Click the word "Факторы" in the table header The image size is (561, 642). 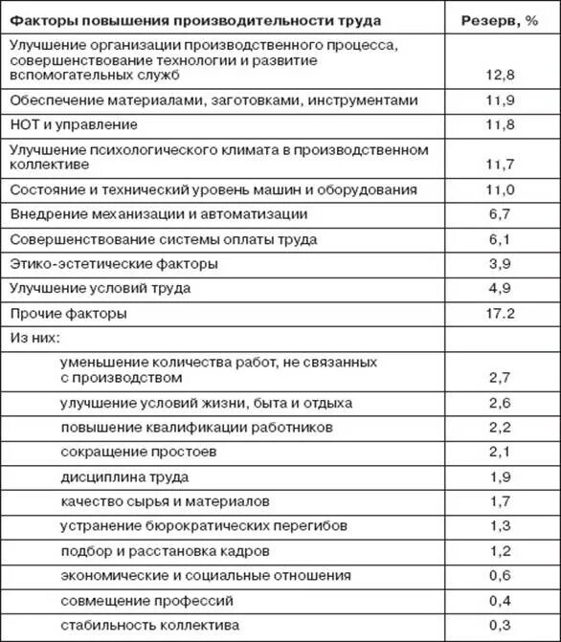pyautogui.click(x=39, y=20)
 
